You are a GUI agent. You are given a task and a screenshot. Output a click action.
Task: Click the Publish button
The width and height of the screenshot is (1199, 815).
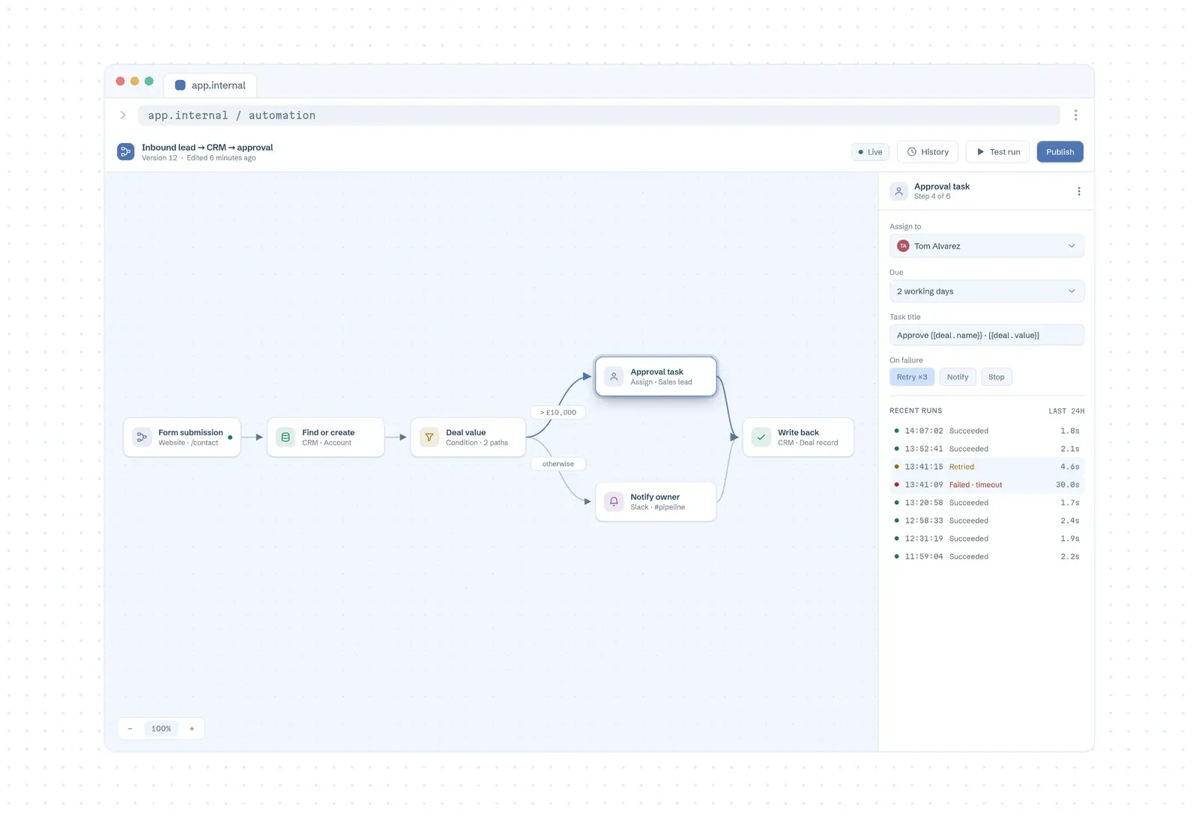pos(1060,152)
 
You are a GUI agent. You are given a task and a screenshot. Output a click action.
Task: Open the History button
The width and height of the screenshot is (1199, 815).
pos(928,152)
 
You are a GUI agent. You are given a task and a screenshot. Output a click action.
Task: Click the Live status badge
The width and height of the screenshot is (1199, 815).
pos(870,152)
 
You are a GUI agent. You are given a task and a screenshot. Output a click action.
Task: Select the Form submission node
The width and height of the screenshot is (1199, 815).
pos(182,437)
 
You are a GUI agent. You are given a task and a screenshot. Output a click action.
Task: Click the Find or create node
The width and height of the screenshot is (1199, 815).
pos(325,437)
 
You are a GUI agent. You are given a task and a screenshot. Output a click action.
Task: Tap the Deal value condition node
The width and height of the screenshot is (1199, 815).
pos(468,437)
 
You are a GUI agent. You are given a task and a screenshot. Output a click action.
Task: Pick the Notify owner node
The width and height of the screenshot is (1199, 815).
pos(656,501)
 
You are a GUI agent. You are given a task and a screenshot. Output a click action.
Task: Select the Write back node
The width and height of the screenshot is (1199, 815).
pos(798,437)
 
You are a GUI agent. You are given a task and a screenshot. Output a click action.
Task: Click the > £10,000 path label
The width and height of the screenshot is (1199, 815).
pos(558,413)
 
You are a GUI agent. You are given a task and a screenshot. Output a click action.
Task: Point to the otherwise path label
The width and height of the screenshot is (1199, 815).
pos(558,464)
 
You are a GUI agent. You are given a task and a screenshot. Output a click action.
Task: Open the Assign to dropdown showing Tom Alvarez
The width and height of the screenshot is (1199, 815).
pos(986,246)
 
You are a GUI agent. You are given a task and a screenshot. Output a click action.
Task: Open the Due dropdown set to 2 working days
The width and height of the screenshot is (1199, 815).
pos(986,291)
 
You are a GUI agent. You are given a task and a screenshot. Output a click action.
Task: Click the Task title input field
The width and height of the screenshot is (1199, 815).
pos(986,335)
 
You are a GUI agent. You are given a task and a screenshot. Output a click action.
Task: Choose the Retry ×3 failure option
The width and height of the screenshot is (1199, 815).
pos(911,377)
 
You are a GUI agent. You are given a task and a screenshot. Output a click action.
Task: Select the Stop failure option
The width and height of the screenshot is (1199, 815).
pos(996,377)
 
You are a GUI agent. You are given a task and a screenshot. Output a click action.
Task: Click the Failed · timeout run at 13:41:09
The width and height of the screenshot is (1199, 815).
pos(986,485)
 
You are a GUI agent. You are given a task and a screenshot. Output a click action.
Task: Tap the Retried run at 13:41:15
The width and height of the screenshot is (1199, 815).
pos(986,467)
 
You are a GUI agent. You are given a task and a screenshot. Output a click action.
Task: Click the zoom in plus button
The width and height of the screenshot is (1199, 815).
pos(192,728)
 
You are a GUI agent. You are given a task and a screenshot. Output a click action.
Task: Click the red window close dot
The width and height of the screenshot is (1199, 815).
pos(120,82)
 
